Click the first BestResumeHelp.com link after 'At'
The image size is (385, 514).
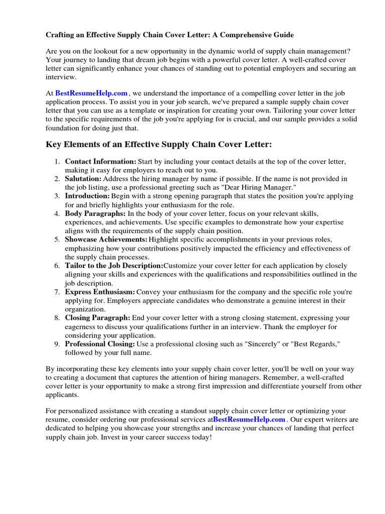click(91, 93)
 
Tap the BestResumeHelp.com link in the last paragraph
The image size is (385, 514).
click(249, 419)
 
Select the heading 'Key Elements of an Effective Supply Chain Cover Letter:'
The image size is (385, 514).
click(158, 145)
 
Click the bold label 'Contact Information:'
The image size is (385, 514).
click(100, 161)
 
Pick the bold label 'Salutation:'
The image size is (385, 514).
click(83, 179)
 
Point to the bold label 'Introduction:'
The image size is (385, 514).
click(87, 196)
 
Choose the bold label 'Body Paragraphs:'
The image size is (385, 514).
click(95, 213)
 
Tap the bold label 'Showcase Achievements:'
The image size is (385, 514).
click(106, 239)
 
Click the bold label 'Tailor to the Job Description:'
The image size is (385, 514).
click(114, 266)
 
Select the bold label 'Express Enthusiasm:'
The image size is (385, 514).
click(100, 292)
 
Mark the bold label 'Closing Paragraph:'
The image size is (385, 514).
click(97, 318)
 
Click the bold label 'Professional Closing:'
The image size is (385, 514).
click(100, 344)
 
